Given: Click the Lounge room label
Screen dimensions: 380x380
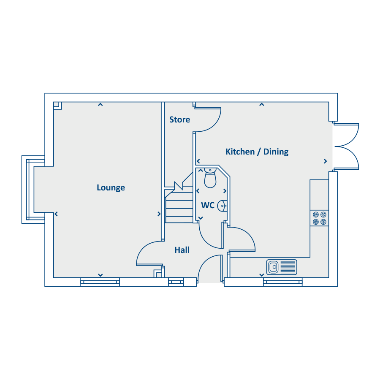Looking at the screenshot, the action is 111,187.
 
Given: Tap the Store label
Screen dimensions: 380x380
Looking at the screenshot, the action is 179,119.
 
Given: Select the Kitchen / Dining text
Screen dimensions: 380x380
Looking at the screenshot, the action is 257,152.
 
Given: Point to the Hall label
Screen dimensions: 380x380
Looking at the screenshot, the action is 182,250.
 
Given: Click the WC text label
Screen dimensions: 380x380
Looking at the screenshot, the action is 208,205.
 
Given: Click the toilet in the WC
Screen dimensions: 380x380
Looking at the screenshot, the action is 210,178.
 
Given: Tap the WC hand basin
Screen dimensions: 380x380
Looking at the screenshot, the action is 222,206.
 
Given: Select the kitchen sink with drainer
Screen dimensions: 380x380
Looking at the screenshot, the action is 282,267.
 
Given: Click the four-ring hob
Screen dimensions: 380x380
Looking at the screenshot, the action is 320,218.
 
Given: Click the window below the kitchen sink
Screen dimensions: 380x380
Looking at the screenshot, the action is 283,282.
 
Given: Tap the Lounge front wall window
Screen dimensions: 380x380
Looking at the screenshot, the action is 100,282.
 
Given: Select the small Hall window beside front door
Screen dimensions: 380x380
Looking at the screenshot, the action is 176,282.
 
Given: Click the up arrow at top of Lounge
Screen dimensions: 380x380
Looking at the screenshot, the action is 100,105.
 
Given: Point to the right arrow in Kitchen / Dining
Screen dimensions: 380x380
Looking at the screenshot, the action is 326,161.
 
